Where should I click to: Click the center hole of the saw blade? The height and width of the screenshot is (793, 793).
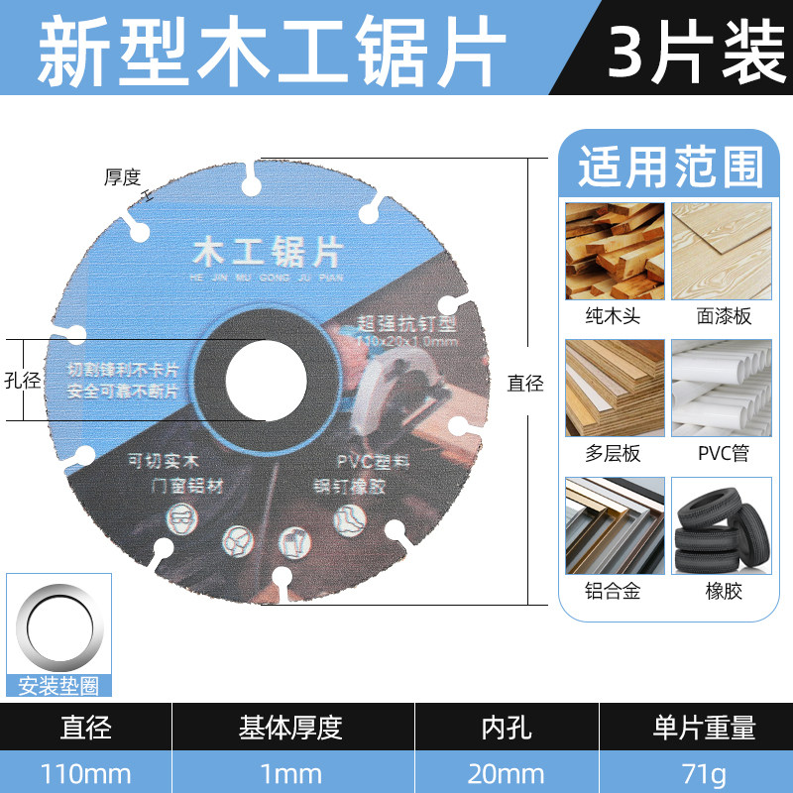pos(265,378)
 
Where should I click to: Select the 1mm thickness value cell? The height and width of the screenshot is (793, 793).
pos(291,772)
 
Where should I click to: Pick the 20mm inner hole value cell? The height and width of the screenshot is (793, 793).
pos(507,772)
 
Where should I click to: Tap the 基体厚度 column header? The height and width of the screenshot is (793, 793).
pos(291,728)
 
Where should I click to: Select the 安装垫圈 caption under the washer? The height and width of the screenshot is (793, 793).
pos(58,686)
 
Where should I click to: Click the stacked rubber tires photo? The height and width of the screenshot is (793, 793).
pos(721,524)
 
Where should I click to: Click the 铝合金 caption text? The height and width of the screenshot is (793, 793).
pos(614,591)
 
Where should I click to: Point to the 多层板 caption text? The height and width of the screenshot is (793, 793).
pos(614,454)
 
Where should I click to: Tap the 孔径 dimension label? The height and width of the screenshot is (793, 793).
pos(23,380)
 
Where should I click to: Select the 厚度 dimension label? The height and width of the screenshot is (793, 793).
pos(124,178)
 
